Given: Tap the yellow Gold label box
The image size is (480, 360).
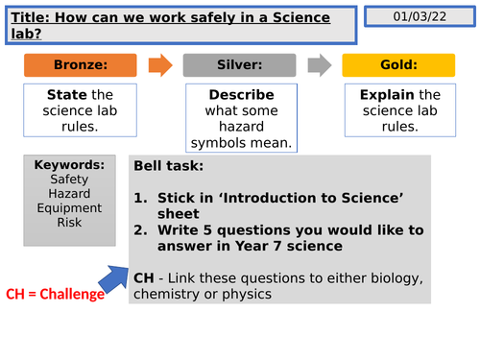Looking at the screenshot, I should (x=397, y=65).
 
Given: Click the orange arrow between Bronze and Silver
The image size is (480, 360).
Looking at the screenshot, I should (x=161, y=65).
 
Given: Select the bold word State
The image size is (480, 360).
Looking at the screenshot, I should (x=66, y=96).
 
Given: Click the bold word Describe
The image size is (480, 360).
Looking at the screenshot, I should (x=241, y=96).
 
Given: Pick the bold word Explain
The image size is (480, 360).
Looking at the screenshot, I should (x=386, y=96).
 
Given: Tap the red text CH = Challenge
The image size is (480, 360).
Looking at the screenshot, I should (x=55, y=294).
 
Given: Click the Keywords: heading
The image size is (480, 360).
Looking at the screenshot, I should (x=69, y=165).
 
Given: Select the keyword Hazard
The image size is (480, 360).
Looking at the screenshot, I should (x=69, y=194).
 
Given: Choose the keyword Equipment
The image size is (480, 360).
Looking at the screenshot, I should (x=69, y=208).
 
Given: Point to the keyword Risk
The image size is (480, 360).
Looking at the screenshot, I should (x=69, y=223).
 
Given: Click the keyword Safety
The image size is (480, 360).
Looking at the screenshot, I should (x=69, y=180).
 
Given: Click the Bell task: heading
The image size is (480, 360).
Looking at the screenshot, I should (x=169, y=165).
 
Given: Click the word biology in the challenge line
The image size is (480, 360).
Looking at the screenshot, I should (x=396, y=278).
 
